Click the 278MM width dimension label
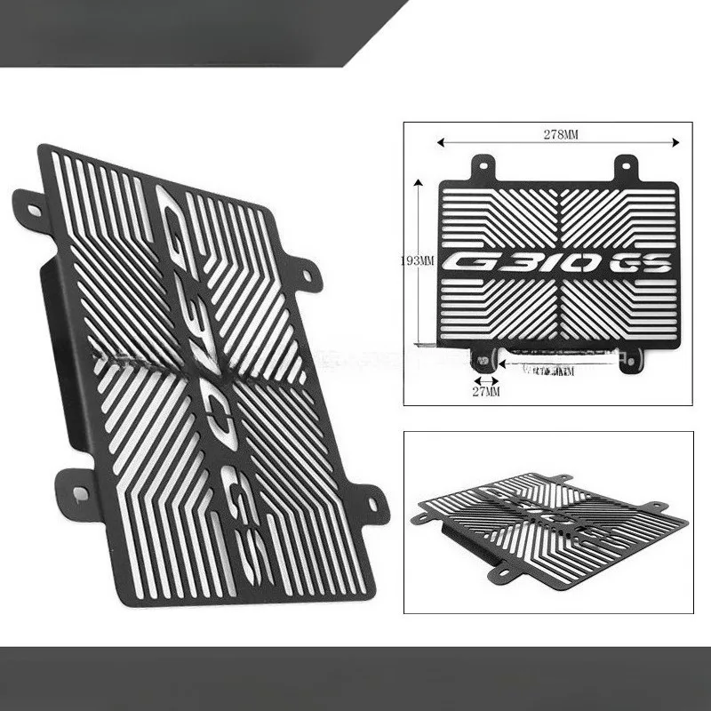(561, 134)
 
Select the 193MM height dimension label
(417, 260)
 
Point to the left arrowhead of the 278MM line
(439, 140)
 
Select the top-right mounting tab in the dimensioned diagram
(627, 165)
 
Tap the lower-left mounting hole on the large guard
(79, 491)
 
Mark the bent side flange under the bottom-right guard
(471, 542)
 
